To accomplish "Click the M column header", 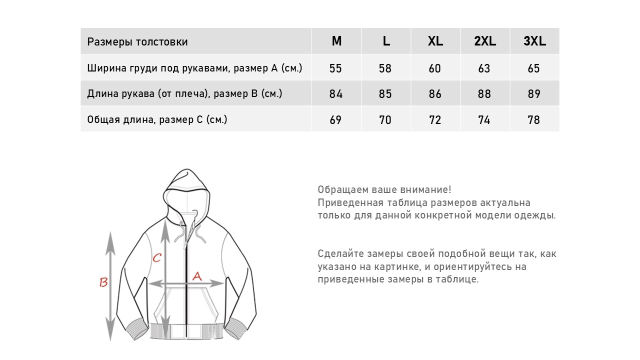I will [336, 41].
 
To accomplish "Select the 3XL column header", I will [534, 41].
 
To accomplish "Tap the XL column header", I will [435, 41].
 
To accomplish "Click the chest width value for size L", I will [385, 68].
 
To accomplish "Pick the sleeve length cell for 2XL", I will [484, 94].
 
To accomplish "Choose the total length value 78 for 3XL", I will [534, 120].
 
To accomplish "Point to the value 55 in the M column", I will [336, 68].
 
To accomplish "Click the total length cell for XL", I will [435, 120].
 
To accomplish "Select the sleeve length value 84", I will [336, 94].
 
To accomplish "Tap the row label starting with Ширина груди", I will [194, 68].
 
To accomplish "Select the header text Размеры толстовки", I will [137, 42].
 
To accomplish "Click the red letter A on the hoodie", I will [196, 275].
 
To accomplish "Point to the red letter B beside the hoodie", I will [103, 282].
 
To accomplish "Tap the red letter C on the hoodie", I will [156, 257].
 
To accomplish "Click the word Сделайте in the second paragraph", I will [338, 253].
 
